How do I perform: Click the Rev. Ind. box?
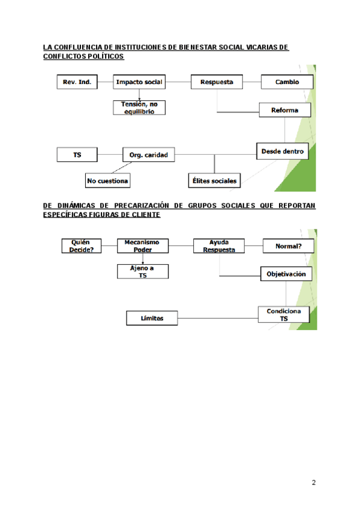tap(77, 82)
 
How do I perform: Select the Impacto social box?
tap(139, 82)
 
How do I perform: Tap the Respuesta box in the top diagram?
tap(217, 82)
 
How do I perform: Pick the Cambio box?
tap(286, 82)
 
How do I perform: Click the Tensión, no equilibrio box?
tap(139, 107)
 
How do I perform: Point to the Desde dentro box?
tap(282, 151)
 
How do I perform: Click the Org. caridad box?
tap(148, 155)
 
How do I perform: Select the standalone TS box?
tap(77, 155)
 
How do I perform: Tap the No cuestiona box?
tap(107, 180)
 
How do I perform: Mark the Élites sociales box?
tap(213, 180)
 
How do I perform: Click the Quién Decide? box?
tap(82, 246)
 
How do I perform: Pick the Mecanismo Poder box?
tap(143, 246)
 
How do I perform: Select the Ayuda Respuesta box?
tap(219, 246)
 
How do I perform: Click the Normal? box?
tap(288, 246)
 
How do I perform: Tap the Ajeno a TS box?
tap(143, 271)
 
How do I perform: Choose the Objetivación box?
tap(286, 274)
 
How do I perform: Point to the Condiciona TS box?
tap(284, 315)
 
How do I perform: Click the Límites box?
tap(152, 318)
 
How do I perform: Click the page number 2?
tap(314, 483)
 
